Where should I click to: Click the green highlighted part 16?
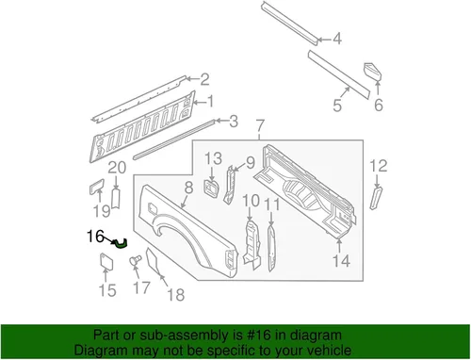tap(121, 244)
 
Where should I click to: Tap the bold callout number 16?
tap(95, 237)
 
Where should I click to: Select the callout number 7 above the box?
tap(260, 126)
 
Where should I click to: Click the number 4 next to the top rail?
tap(337, 39)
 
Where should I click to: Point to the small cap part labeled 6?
tap(373, 72)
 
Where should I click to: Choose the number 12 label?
tap(378, 166)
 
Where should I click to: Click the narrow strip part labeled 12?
tap(376, 198)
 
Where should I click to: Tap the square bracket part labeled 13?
tap(212, 188)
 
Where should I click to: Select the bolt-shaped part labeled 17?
tap(136, 260)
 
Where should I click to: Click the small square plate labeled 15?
tap(106, 261)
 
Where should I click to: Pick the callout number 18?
tap(176, 295)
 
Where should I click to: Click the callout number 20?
tap(117, 168)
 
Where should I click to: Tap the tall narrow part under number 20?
tap(116, 199)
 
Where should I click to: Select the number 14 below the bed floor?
tap(341, 261)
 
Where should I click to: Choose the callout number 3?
tap(234, 122)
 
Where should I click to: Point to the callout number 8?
tap(188, 188)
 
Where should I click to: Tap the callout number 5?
tap(337, 105)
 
